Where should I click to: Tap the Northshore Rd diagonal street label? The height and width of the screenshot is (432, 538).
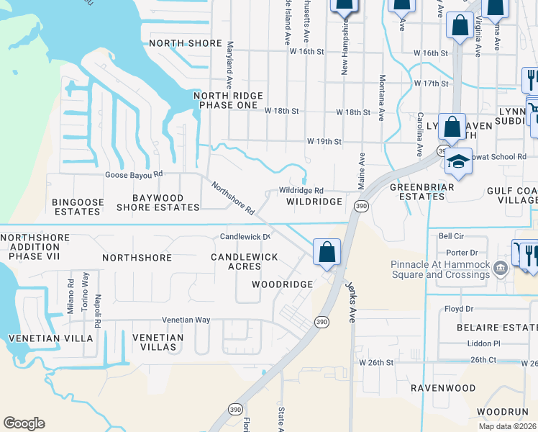coord(232,199)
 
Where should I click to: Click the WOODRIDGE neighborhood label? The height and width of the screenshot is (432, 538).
coord(282,284)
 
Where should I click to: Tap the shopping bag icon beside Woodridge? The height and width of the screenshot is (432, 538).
coord(327,252)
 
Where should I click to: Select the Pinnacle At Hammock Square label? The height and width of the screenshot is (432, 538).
coord(439,269)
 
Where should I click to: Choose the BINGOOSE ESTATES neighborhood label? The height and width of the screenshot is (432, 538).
coord(77,207)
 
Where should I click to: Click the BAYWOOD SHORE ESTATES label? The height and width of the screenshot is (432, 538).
coord(157,202)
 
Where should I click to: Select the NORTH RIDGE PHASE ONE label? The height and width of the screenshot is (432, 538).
coord(229,101)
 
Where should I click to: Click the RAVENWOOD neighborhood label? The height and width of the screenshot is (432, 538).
coord(443,388)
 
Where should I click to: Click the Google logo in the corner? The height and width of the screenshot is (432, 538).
coord(24,423)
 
